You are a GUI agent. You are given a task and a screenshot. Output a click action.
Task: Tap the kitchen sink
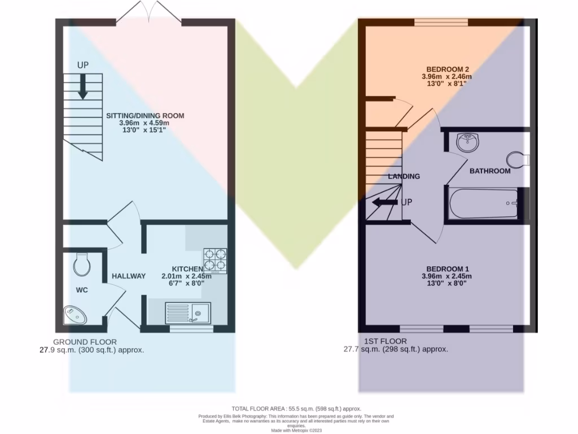[x=187, y=313]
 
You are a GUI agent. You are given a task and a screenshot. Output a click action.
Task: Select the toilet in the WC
[x=82, y=263]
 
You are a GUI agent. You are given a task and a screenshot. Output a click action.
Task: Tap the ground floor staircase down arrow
[x=82, y=88]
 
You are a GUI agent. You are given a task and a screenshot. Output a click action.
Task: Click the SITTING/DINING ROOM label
[x=145, y=116]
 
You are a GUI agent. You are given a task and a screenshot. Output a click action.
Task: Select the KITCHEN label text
[x=187, y=269]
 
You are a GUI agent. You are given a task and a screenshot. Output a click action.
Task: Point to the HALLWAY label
[x=129, y=276]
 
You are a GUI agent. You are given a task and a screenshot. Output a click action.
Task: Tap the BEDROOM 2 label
[x=446, y=69]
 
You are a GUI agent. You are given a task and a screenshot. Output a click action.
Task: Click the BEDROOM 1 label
[x=446, y=268]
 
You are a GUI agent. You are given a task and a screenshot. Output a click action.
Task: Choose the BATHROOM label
[x=490, y=171]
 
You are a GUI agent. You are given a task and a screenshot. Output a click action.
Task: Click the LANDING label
[x=404, y=176]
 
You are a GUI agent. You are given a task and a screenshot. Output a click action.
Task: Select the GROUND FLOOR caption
[x=85, y=342]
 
